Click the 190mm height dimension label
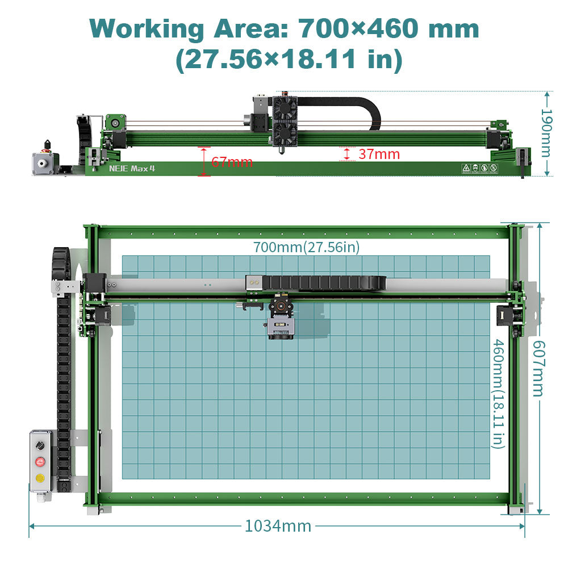547,133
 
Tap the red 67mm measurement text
232,162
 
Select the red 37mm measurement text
379,154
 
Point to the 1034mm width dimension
278,526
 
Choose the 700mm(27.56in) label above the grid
306,247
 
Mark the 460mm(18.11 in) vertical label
498,393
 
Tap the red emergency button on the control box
40,461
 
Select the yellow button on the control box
40,478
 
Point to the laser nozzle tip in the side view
282,152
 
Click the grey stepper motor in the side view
43,163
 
